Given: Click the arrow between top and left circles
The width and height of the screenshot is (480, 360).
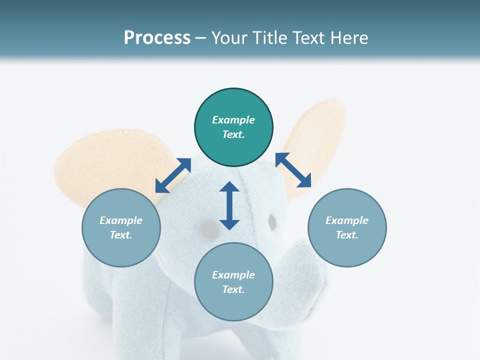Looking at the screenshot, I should click(x=173, y=175).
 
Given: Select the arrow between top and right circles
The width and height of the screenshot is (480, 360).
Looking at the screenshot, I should click(x=293, y=170).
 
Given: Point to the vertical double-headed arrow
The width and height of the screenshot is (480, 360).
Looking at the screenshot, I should click(x=229, y=205).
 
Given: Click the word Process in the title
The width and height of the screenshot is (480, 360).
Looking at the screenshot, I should click(x=157, y=37).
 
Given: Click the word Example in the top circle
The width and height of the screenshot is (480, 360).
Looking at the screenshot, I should click(x=233, y=120).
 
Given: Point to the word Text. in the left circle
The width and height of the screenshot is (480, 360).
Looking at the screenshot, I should click(x=121, y=235).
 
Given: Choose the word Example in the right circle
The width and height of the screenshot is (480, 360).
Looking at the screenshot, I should click(x=347, y=220).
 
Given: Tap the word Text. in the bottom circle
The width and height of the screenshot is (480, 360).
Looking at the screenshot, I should click(x=233, y=289).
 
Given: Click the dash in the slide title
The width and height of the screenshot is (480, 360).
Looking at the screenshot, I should click(x=201, y=38).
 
